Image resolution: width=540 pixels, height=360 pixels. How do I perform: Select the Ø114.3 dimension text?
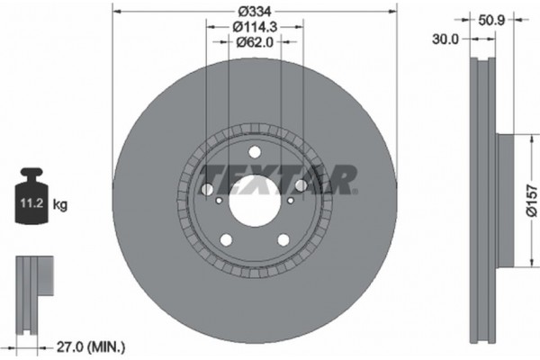pos(254,27)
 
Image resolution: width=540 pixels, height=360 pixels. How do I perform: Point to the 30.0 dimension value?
pos(445,40)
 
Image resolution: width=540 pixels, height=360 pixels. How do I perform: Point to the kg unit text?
pos(60,205)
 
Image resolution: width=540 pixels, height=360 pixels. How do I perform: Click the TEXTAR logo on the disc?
pos(277,178)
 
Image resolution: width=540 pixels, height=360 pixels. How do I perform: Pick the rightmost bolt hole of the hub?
pos(301,185)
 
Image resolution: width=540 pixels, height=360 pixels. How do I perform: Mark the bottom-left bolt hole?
pos(225,240)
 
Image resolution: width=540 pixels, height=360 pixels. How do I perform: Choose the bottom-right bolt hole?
pos(283,239)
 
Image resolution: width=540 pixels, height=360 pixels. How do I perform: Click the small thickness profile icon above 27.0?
pos(34,283)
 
